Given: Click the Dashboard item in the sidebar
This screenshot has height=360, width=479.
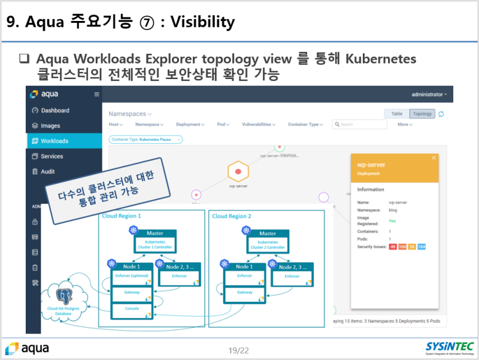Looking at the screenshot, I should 54,110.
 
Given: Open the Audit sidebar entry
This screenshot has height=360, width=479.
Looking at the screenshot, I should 47,171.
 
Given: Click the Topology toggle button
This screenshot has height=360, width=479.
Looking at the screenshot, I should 422,114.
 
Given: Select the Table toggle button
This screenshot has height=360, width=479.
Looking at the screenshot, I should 396,114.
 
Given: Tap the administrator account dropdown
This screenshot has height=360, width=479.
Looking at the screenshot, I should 429,95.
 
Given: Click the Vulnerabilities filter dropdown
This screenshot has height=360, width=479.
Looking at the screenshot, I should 258,125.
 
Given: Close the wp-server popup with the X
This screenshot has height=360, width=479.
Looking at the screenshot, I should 433,158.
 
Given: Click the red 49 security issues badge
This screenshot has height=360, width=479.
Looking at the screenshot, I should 393,247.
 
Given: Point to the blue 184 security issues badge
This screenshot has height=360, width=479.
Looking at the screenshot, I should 421,247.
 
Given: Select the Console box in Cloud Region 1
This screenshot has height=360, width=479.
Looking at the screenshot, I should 132,308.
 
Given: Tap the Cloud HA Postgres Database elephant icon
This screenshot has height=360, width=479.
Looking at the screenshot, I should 63,297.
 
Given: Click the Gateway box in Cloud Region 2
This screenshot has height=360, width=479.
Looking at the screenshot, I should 244,292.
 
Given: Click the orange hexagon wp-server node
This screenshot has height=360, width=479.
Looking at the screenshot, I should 238,172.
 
